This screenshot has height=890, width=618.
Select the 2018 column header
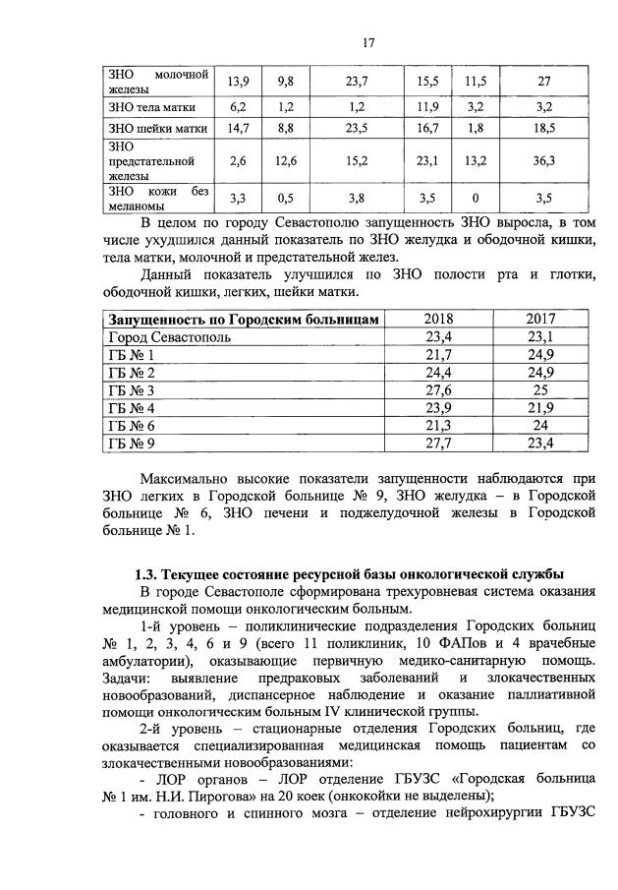click(x=440, y=320)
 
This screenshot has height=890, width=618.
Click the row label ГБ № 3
click(x=132, y=390)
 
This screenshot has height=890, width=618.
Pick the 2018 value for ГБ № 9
click(x=440, y=444)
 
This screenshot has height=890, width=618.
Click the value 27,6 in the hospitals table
click(x=440, y=390)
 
